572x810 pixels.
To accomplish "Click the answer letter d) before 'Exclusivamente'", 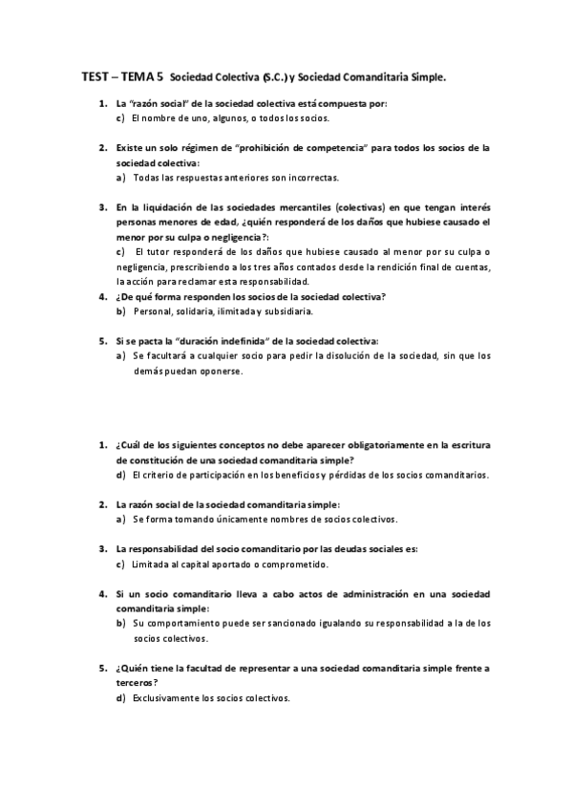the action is coord(120,698).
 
